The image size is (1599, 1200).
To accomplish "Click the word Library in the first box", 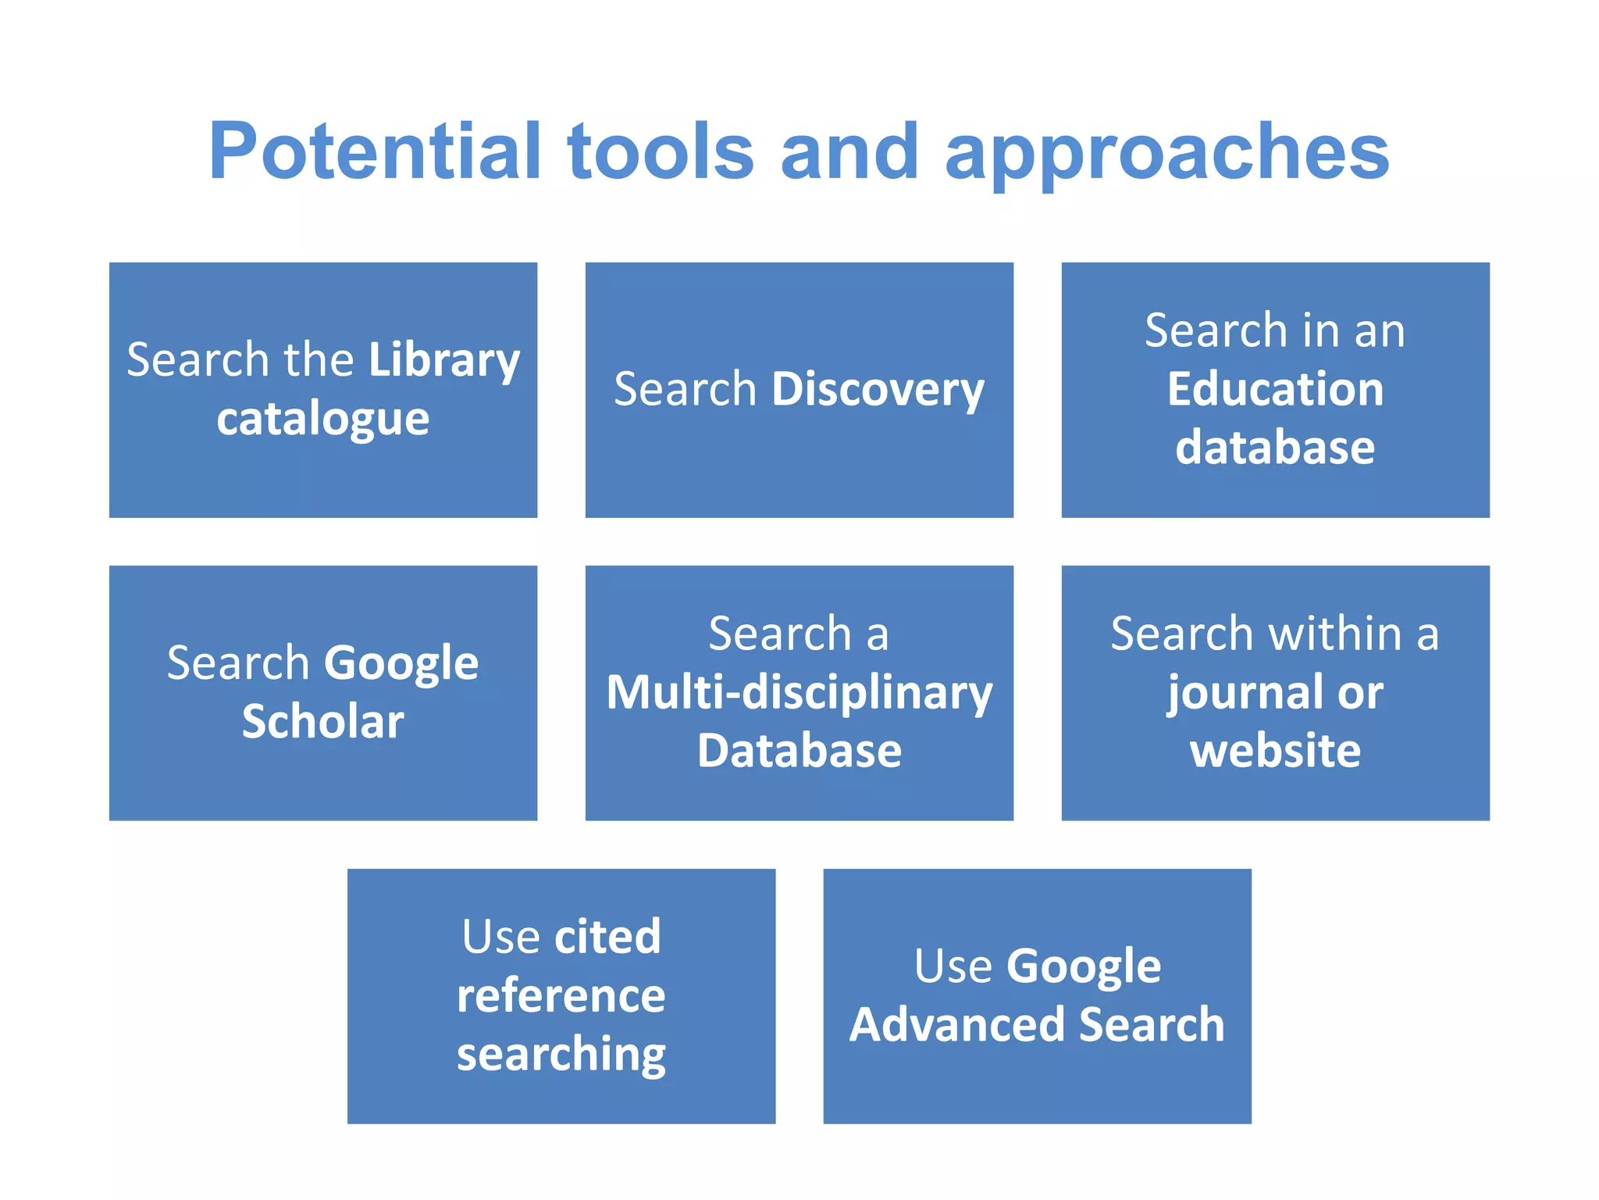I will [443, 361].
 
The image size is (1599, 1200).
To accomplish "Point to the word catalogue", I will [322, 420].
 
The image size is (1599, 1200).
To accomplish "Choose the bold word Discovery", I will [878, 390].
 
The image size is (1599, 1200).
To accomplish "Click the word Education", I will [1275, 389].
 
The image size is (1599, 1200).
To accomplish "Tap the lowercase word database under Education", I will [1275, 448].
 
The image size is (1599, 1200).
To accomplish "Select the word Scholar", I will [322, 721].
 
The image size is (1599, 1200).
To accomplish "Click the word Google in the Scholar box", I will [401, 664].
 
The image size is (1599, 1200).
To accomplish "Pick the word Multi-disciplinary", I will [799, 693].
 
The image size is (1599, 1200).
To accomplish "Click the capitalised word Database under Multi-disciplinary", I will [799, 751].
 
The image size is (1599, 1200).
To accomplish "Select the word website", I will [1275, 751].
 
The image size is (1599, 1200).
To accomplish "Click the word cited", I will [607, 937].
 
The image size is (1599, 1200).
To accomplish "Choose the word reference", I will [561, 996].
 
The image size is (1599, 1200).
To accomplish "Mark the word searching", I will [561, 1055].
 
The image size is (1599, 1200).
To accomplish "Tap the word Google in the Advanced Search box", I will [1083, 967].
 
